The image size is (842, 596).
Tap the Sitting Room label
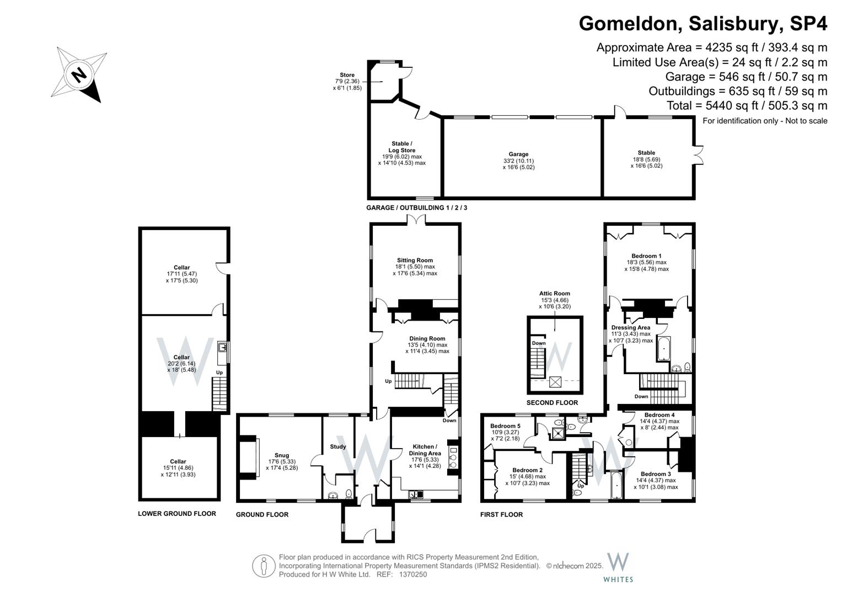pos(415,260)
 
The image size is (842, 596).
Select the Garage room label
pos(518,155)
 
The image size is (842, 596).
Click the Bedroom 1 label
pos(646,256)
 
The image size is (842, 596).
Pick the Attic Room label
pos(555,294)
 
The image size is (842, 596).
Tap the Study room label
pos(338,446)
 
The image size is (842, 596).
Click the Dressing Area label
pos(630,327)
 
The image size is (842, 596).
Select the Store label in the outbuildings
pos(347,75)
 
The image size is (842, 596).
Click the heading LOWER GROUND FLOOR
pos(177,514)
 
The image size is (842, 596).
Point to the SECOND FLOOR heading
pos(552,403)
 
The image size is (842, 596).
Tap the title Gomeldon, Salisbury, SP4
pos(703,24)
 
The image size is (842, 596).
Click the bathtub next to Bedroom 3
pos(616,484)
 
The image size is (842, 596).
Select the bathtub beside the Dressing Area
pos(662,348)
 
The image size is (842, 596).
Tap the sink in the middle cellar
pos(222,348)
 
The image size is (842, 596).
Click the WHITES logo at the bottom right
pos(618,567)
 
